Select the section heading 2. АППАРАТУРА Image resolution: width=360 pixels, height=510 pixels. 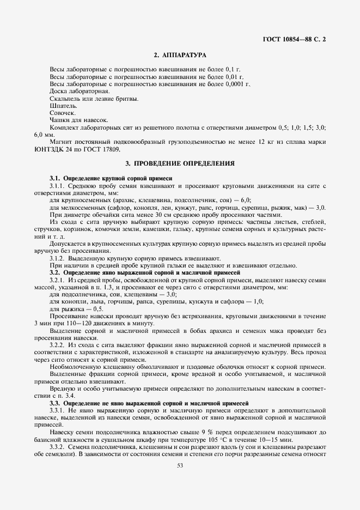(x=180, y=55)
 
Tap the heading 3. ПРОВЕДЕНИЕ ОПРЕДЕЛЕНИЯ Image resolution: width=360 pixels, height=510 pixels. (x=180, y=163)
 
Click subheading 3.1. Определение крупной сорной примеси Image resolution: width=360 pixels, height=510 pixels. (x=111, y=178)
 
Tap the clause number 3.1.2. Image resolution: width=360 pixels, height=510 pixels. (x=58, y=258)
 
